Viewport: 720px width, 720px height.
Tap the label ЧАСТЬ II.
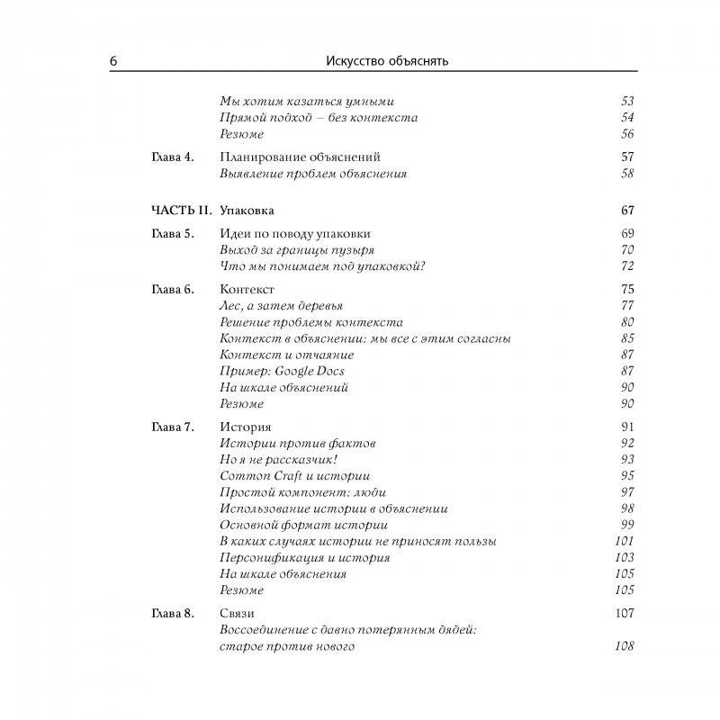(x=181, y=211)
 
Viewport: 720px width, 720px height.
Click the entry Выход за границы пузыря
(x=297, y=250)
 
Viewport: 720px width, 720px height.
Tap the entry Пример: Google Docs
(x=282, y=371)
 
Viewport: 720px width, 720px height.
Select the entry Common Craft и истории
(x=295, y=475)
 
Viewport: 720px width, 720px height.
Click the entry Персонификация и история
(x=305, y=557)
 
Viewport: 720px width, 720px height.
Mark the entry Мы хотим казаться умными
(x=307, y=102)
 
